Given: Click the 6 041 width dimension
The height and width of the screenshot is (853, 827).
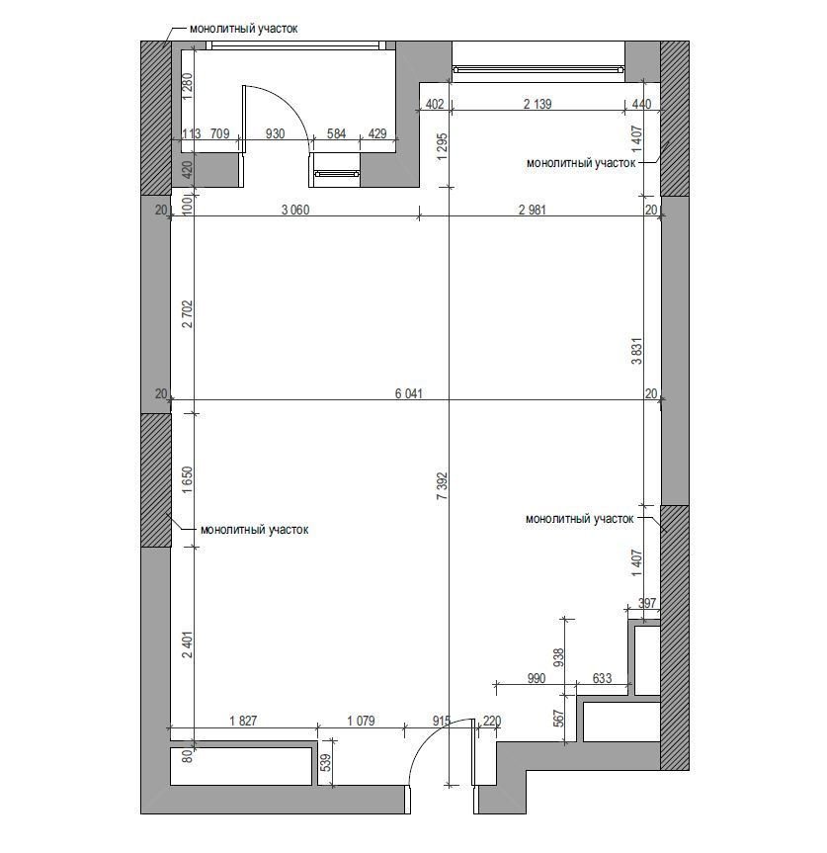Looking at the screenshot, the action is tap(408, 393).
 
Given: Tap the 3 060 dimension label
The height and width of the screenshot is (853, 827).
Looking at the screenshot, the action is tap(295, 210).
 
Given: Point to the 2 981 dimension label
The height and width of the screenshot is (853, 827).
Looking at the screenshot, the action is tap(532, 210).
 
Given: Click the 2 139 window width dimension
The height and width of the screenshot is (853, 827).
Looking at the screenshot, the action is tap(538, 104).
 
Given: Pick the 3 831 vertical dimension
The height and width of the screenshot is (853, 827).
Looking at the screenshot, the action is tap(636, 351).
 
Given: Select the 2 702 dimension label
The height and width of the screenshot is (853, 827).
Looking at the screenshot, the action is tap(188, 314).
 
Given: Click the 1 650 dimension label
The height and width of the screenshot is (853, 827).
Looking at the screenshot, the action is tap(188, 479).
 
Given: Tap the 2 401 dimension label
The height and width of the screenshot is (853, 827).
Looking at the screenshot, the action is tap(188, 644).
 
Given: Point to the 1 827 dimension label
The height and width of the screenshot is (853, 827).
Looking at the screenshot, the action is tap(242, 721).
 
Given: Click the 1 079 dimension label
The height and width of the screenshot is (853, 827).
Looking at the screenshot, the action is tap(361, 721).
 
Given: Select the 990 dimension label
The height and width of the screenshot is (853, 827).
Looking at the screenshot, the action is tap(537, 678).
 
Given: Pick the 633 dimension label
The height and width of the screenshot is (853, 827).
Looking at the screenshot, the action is tap(602, 678).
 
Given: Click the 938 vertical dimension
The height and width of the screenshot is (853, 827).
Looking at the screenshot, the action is tap(559, 657).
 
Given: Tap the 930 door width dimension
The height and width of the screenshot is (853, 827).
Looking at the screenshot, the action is tap(275, 133).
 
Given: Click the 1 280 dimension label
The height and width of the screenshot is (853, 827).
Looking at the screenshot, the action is tap(188, 86).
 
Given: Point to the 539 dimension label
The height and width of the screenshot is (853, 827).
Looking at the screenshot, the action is tap(326, 762).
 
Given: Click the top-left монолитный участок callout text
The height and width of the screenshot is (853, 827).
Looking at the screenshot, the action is tap(244, 29).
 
